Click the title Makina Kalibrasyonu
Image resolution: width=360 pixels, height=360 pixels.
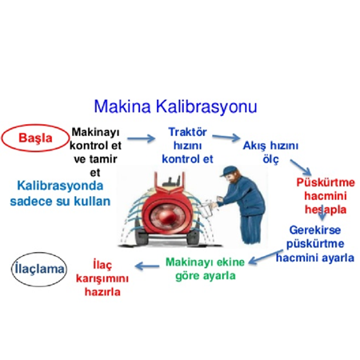(x=175, y=106)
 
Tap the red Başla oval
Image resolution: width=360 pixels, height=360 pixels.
(x=35, y=137)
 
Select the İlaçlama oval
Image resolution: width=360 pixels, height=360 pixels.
(x=39, y=269)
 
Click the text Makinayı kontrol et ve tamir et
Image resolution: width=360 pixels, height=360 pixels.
(x=97, y=151)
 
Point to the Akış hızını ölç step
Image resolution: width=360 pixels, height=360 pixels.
(x=270, y=152)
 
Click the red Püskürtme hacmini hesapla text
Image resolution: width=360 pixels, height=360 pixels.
(x=325, y=196)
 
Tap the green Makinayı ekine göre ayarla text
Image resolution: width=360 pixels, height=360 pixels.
(x=205, y=268)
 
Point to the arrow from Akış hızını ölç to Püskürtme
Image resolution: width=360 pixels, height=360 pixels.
(x=302, y=167)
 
